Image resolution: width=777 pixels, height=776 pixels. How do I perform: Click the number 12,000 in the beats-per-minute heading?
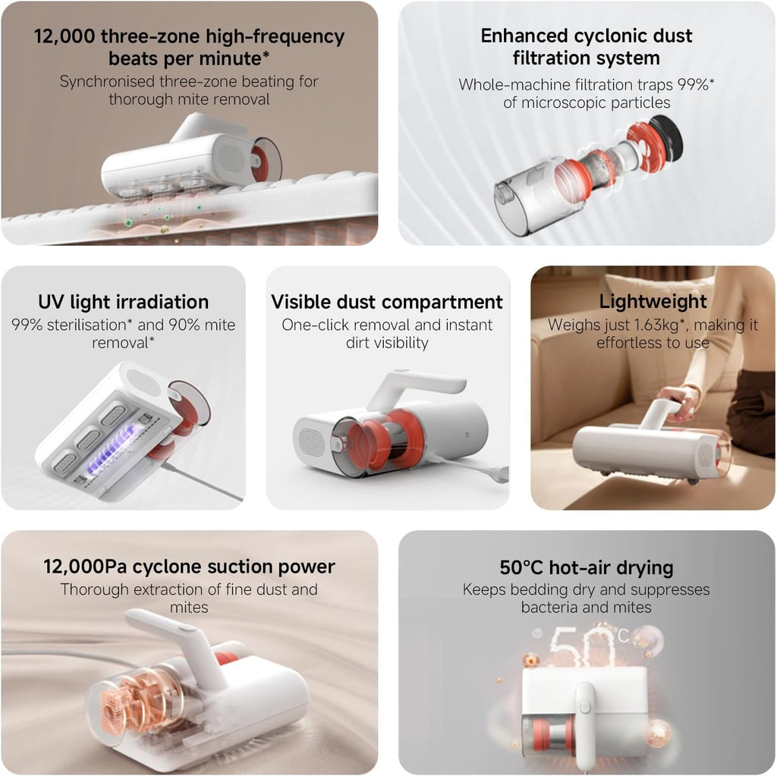[64, 36]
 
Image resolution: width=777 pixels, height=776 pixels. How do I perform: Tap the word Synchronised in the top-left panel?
[107, 81]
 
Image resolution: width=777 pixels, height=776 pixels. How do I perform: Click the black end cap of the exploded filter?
[666, 135]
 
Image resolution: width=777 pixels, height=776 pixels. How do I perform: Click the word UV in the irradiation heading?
[51, 302]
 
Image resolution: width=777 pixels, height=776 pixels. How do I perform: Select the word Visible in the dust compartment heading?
[301, 302]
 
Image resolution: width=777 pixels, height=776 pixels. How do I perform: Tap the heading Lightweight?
[653, 301]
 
